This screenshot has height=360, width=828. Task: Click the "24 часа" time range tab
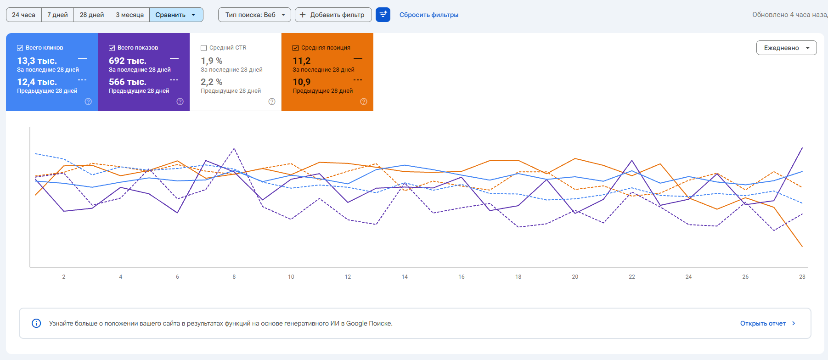point(23,15)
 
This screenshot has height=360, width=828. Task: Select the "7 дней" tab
point(57,15)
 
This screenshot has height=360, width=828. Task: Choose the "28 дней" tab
point(92,15)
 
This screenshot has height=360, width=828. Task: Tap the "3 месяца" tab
point(130,15)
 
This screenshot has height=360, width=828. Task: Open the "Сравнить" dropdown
point(176,15)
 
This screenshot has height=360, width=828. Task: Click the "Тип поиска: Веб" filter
point(254,15)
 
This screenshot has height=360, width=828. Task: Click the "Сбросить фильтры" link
point(429,15)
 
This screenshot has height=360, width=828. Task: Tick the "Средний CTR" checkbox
point(203,48)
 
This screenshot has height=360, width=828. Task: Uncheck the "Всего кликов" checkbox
point(20,48)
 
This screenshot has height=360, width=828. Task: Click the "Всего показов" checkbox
point(112,48)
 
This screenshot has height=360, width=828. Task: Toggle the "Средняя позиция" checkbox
point(295,48)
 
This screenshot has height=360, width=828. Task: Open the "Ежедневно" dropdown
point(786,48)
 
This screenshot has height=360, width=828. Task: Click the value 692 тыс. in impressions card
point(128,61)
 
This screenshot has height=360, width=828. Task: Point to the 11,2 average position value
point(302,61)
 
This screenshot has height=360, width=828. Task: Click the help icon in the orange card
point(364,101)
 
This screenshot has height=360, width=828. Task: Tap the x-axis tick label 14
point(405,277)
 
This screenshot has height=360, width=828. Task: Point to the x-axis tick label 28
point(802,277)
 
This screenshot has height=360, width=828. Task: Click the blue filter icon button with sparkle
point(383,15)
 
